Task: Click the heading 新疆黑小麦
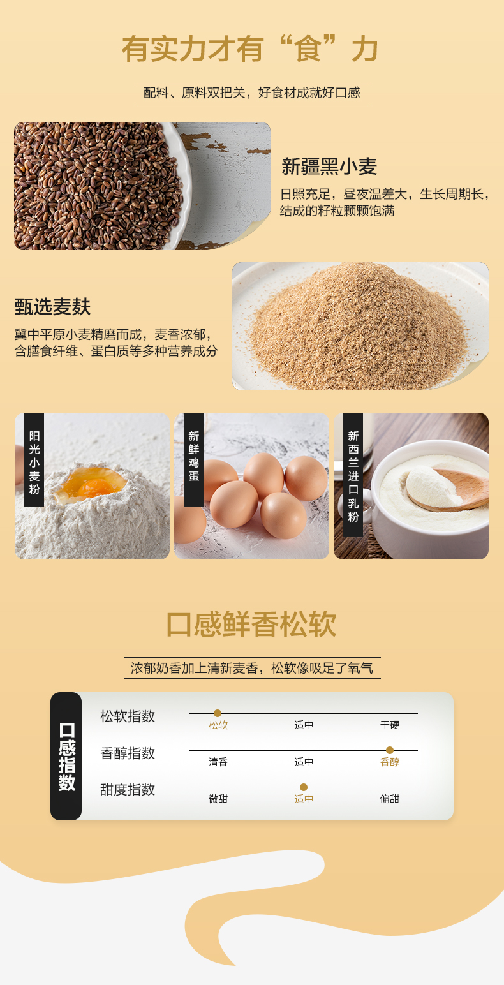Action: pyautogui.click(x=329, y=167)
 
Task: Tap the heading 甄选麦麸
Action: pyautogui.click(x=52, y=306)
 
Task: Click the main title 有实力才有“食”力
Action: pyautogui.click(x=250, y=49)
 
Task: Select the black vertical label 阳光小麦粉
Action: pyautogui.click(x=34, y=460)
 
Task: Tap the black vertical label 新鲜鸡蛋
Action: pyautogui.click(x=193, y=460)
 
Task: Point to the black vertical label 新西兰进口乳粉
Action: pyautogui.click(x=353, y=475)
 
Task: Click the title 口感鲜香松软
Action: pyautogui.click(x=251, y=624)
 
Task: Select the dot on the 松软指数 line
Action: pyautogui.click(x=218, y=713)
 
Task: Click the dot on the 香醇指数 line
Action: pyautogui.click(x=390, y=750)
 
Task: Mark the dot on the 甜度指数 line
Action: pyautogui.click(x=304, y=787)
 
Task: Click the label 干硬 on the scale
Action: pyautogui.click(x=390, y=725)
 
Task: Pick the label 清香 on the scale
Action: pyautogui.click(x=218, y=762)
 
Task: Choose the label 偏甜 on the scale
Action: pyautogui.click(x=390, y=799)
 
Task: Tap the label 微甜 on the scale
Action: pyautogui.click(x=218, y=799)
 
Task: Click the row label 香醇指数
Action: pyautogui.click(x=128, y=753)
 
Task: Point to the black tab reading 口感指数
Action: pyautogui.click(x=66, y=757)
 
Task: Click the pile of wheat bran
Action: pyautogui.click(x=356, y=328)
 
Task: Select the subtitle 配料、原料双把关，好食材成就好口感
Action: pyautogui.click(x=252, y=93)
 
